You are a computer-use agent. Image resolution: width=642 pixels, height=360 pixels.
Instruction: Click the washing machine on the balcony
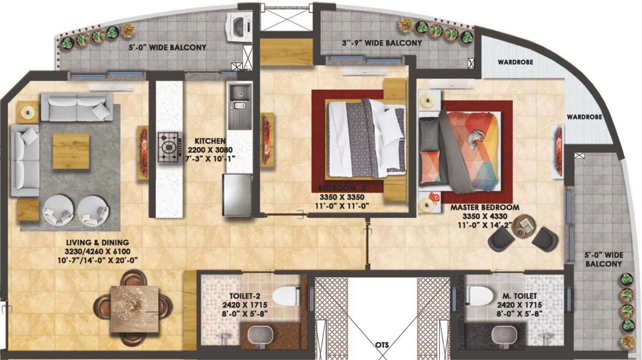point(238,27)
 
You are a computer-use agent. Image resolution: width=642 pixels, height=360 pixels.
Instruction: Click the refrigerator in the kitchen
point(237,195)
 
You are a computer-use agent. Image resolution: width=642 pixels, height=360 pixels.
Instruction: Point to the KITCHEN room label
point(210,141)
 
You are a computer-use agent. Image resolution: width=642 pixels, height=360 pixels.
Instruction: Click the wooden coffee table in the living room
point(71,151)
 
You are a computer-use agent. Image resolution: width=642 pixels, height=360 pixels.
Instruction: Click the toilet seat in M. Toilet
point(480,296)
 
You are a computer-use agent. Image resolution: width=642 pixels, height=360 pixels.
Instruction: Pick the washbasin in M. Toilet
point(504,335)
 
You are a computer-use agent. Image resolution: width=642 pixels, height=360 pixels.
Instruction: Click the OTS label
point(382,345)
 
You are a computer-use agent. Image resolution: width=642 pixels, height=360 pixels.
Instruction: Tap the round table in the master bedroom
point(525,227)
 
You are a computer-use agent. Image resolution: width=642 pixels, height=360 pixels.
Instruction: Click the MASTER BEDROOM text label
point(485,207)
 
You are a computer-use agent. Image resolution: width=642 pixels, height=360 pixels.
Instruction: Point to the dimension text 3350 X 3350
point(341,197)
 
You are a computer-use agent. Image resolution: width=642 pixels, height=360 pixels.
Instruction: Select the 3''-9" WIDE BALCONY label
point(382,43)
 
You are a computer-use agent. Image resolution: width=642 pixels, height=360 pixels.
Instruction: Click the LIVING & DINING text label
point(97,242)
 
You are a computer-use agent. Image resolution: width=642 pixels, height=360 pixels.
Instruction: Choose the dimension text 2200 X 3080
point(210,150)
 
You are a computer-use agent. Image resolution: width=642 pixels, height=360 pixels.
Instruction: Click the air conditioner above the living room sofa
point(112,87)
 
